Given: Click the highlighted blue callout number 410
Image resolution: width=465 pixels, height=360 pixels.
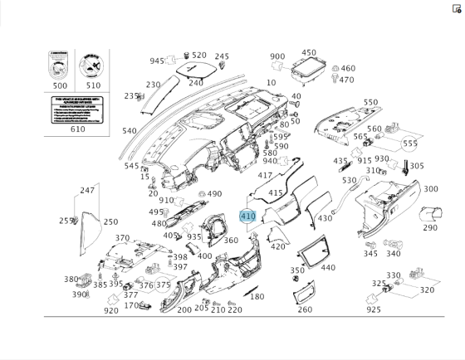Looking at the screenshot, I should coord(247,216).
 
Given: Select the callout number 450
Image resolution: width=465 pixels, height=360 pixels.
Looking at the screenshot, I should coord(309,52).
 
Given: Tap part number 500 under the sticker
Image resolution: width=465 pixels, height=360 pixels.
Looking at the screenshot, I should coord(61,85).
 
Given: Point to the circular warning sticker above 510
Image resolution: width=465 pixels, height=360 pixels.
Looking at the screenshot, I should coord(92,64).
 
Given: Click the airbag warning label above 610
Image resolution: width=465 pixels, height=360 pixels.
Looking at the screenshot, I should coord(77,110).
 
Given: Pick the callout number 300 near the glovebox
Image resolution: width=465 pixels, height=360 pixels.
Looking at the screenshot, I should coord(430,189).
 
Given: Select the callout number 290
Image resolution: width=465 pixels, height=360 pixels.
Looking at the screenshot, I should coord(429,227).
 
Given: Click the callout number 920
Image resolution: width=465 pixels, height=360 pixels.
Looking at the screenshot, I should coord(110,310).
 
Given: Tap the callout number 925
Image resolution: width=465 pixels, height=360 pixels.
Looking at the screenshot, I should coord(374,309).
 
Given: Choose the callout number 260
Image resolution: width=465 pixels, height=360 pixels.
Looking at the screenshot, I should coord(305,309).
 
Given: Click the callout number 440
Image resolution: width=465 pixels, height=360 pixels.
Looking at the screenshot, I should coord(328,268).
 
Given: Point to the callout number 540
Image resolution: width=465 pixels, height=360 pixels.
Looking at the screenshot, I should coord(129,131).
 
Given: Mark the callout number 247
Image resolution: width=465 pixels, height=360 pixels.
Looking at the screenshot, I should coord(87,190).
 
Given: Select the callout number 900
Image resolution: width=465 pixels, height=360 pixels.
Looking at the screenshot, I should coord(277,56).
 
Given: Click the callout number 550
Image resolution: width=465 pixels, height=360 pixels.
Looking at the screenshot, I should coord(370,103).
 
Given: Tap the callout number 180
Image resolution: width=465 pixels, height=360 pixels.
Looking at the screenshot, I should coord(257,296).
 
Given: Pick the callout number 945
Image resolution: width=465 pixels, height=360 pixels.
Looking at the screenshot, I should coord(157,61).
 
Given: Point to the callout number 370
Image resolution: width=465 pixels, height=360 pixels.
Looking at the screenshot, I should coord(122,238).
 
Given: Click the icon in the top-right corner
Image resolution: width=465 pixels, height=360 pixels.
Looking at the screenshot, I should coord(457,8).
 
